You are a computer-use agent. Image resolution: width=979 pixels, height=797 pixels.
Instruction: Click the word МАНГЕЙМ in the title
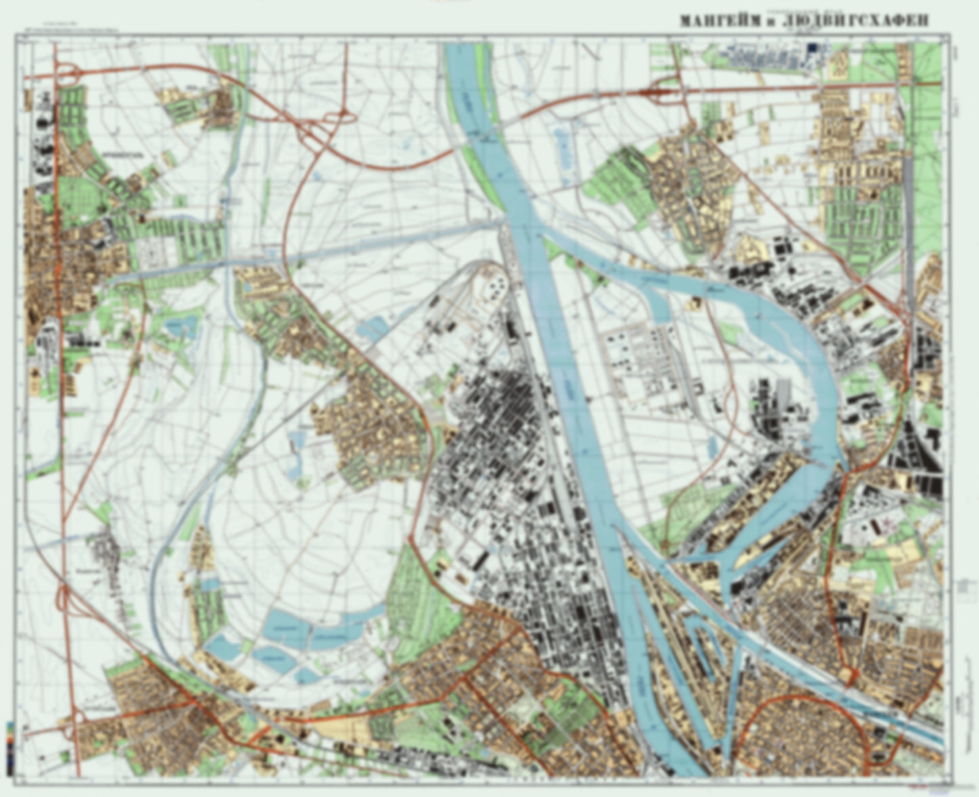tap(717, 22)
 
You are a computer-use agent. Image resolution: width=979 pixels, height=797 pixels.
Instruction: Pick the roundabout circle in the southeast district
tap(848, 674)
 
